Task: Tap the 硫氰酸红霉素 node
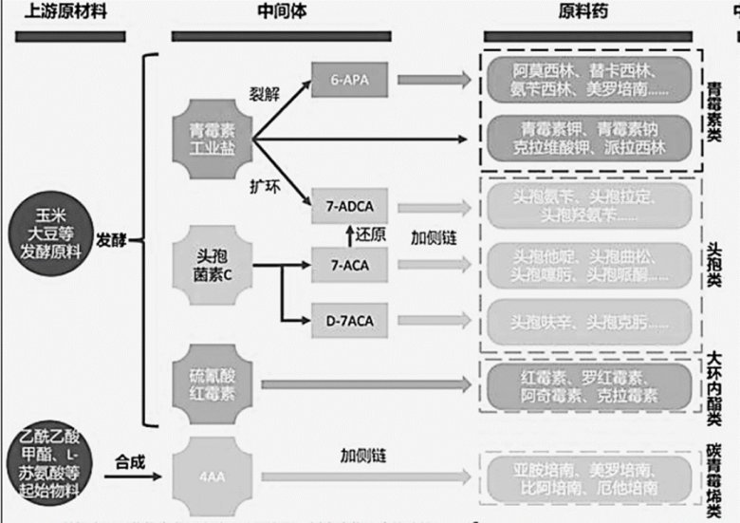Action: [x=212, y=385]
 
